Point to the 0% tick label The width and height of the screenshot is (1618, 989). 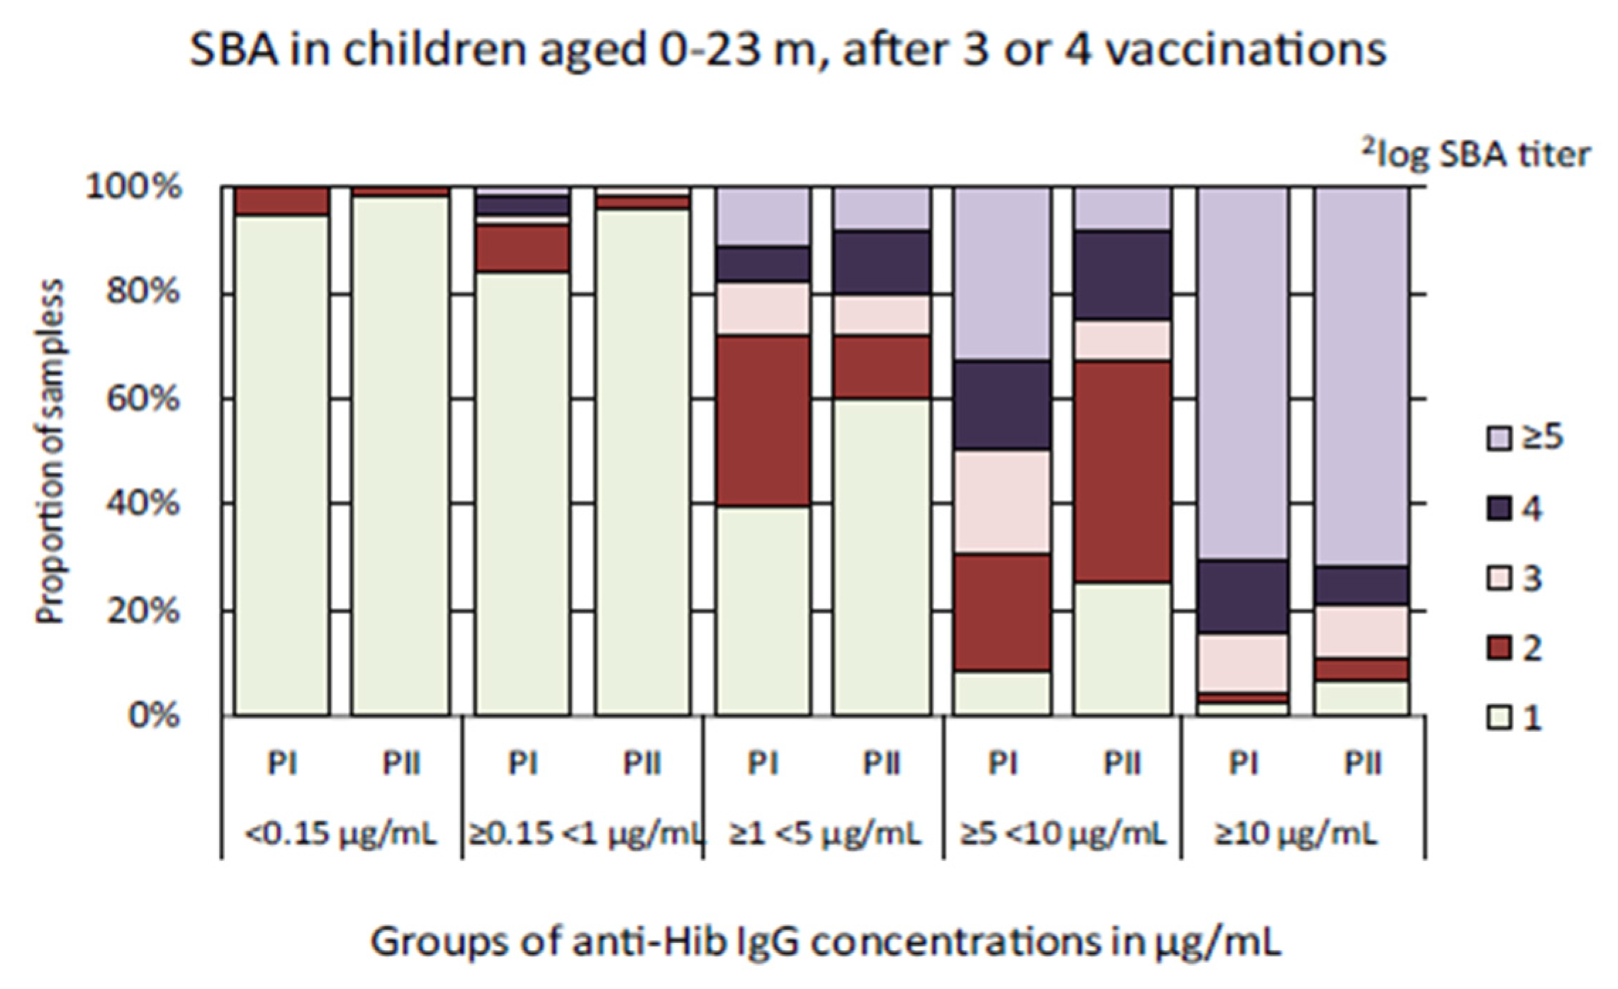[154, 716]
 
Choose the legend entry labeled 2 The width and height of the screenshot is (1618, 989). [1516, 648]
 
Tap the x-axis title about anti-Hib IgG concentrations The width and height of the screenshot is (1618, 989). [826, 943]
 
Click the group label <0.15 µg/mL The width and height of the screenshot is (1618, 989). [341, 834]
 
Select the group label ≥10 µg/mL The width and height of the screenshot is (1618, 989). [1296, 834]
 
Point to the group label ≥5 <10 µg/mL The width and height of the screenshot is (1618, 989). [1063, 834]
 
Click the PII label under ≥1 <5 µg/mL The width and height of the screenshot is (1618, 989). [882, 764]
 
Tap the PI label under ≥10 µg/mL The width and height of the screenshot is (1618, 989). [1243, 764]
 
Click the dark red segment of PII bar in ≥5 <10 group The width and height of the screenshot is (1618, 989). [1122, 471]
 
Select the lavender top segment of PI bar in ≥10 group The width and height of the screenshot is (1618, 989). [1243, 373]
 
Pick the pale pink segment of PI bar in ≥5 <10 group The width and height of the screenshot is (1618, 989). [1002, 502]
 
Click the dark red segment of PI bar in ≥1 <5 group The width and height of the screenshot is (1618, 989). [763, 421]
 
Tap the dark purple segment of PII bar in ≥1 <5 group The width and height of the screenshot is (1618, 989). [882, 263]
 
